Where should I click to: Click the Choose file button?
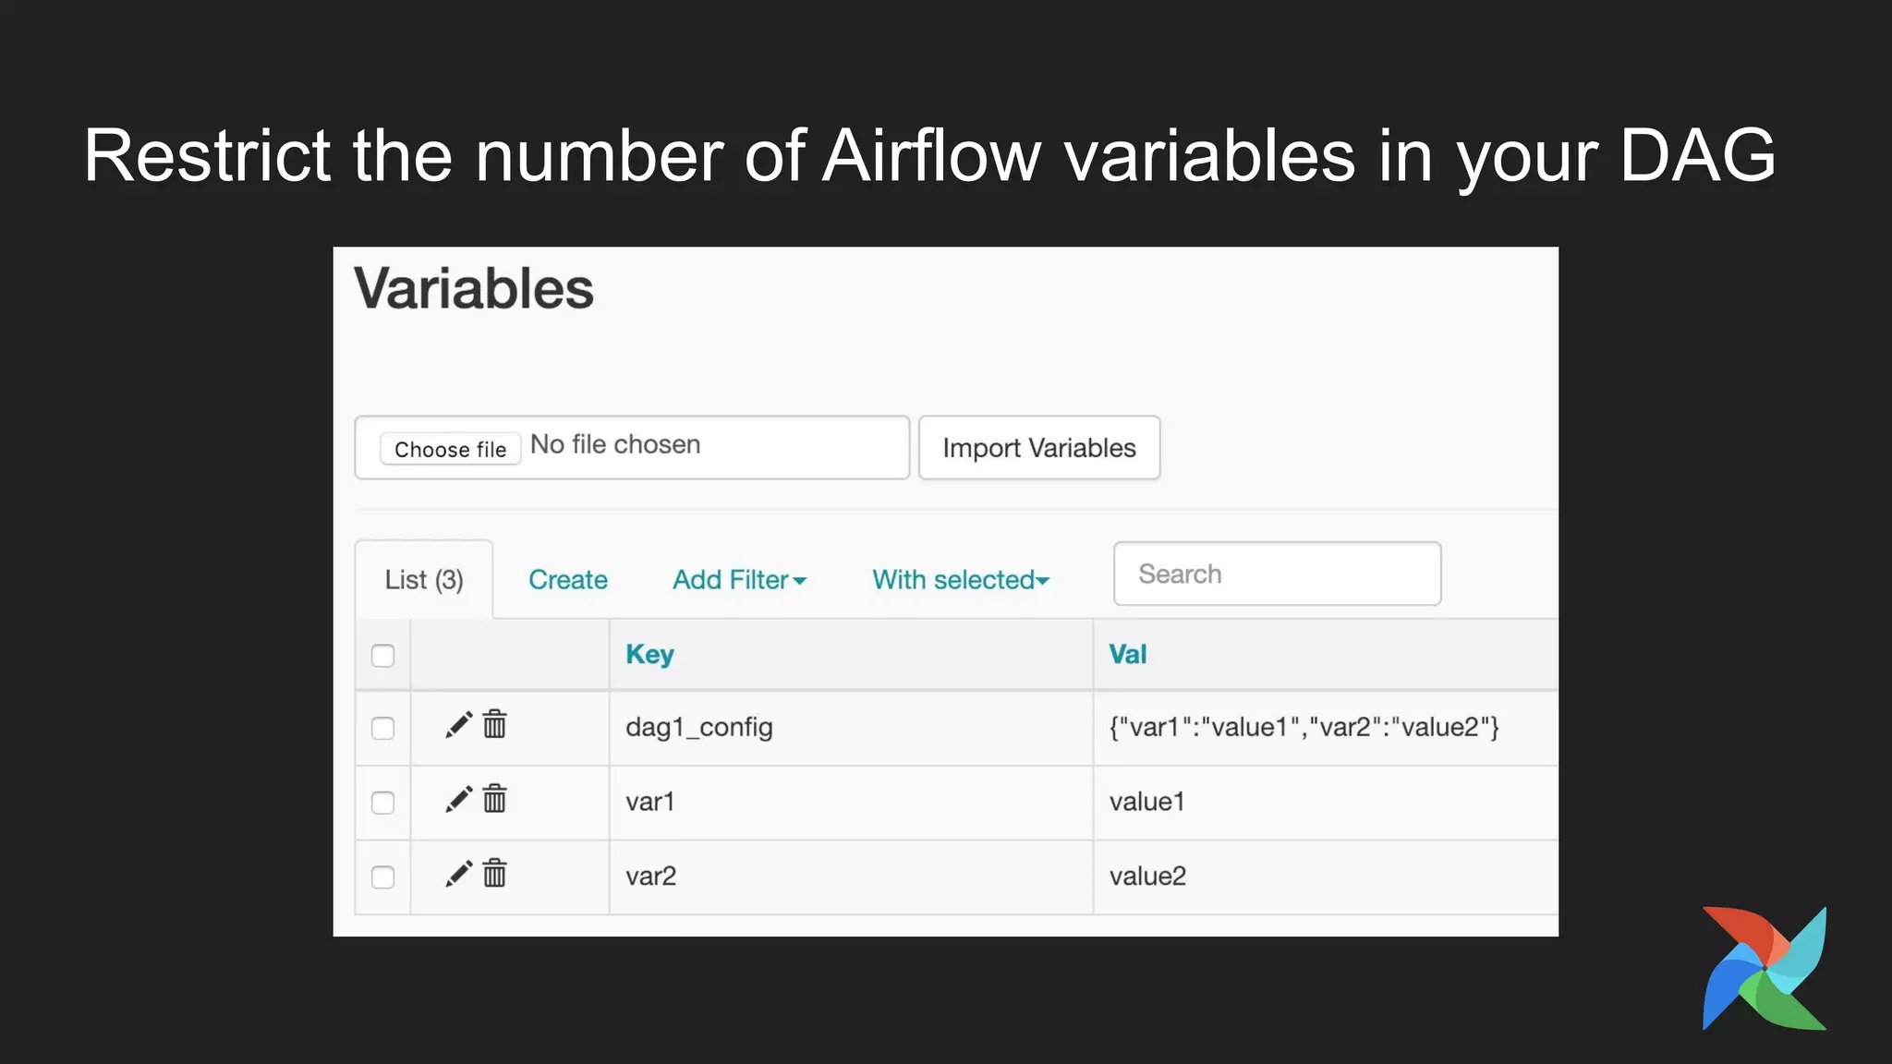(x=450, y=449)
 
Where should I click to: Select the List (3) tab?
(x=424, y=579)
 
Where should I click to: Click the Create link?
(x=567, y=579)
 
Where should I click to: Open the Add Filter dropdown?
(x=739, y=579)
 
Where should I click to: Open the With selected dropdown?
(x=960, y=579)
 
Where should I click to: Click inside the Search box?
(x=1277, y=574)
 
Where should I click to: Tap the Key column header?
(x=649, y=654)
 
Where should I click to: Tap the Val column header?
(x=1127, y=654)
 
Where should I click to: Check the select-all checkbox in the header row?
(x=382, y=656)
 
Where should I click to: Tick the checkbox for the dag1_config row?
(x=382, y=728)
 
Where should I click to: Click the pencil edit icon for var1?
(x=458, y=799)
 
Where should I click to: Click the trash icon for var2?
(x=495, y=873)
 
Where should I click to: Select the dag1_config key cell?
(x=698, y=727)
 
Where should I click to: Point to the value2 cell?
(x=1147, y=876)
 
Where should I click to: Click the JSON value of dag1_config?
(x=1303, y=727)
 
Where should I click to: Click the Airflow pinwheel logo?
(x=1765, y=968)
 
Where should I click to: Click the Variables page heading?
(x=473, y=288)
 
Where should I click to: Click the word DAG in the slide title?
(x=1696, y=155)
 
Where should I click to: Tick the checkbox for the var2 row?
(x=382, y=877)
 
